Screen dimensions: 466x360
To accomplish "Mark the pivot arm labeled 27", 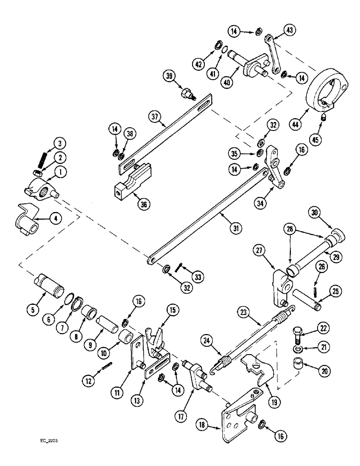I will tap(280, 289).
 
